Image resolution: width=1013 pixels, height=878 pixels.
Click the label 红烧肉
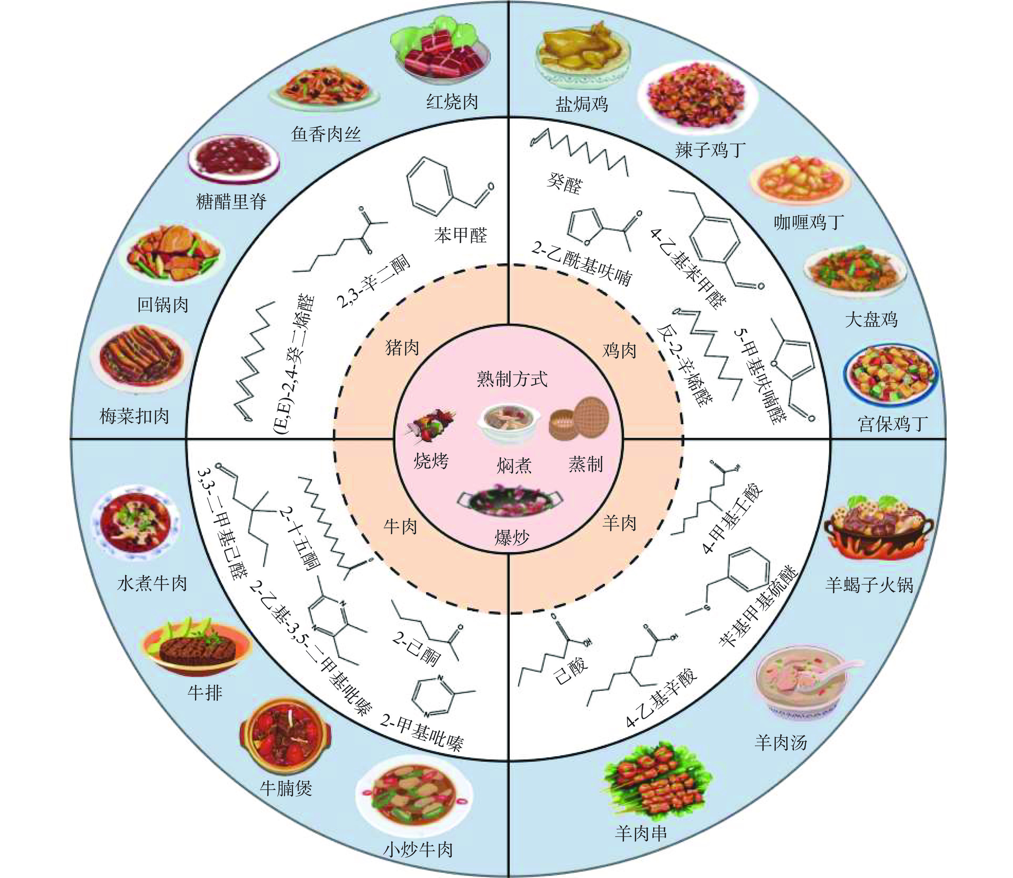[x=452, y=103]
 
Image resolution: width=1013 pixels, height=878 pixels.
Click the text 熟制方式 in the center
[x=512, y=379]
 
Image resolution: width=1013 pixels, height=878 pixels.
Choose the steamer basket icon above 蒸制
[x=579, y=419]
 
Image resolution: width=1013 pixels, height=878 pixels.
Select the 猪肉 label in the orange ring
[x=402, y=347]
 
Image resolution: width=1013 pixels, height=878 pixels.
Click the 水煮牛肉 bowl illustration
[x=136, y=523]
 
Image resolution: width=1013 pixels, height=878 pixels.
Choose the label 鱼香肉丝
[x=326, y=133]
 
